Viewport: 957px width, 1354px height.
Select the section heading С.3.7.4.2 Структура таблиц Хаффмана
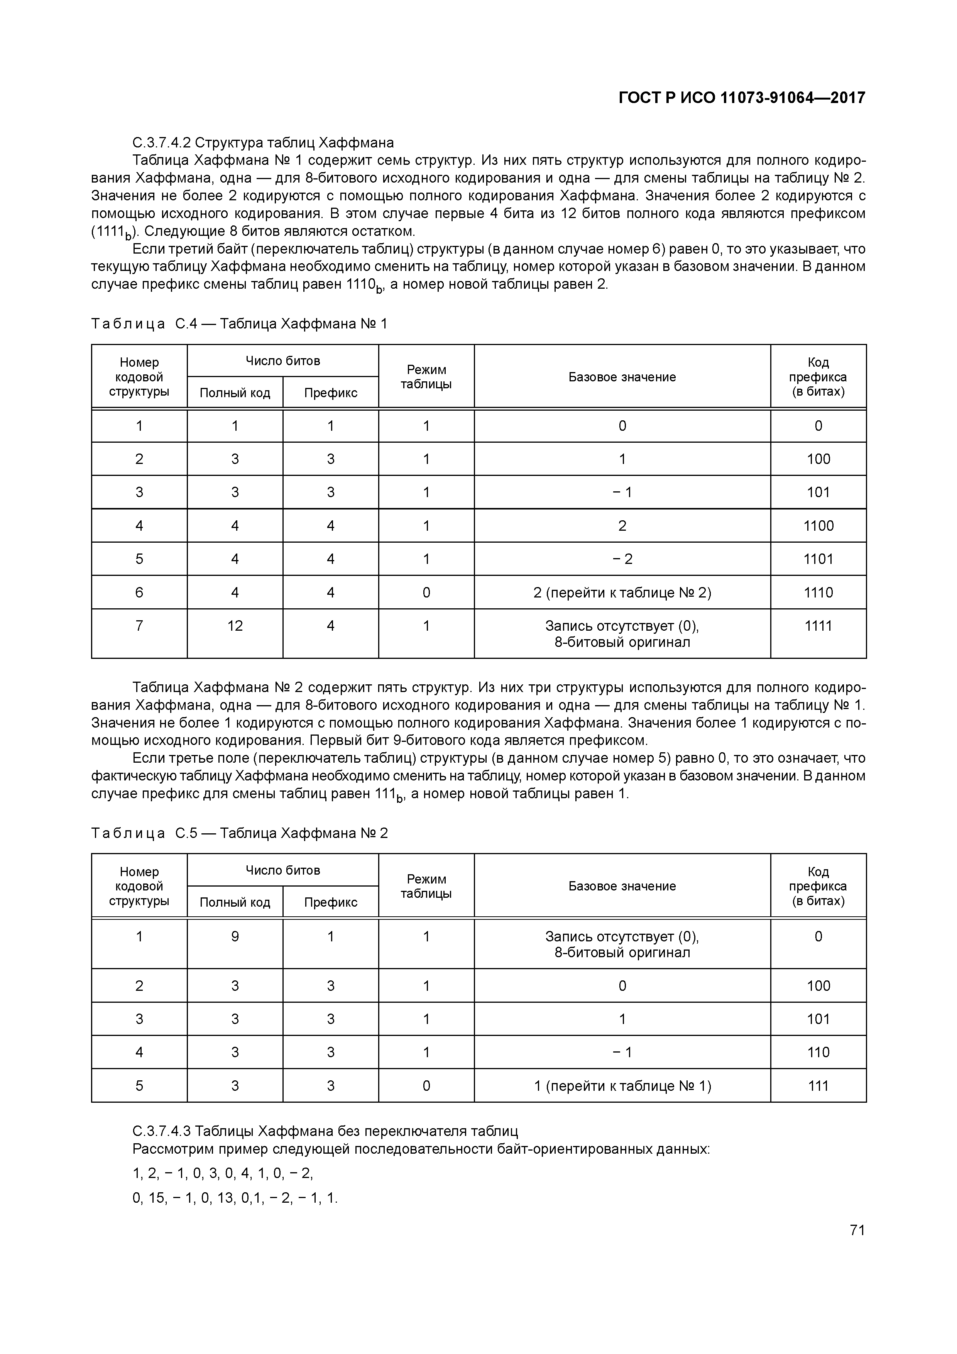click(x=263, y=143)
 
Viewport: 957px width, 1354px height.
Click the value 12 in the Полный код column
click(x=235, y=626)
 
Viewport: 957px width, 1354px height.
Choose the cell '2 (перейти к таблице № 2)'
click(x=622, y=592)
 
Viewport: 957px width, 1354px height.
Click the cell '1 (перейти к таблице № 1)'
click(x=622, y=1086)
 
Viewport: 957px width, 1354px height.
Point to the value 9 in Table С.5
click(x=235, y=936)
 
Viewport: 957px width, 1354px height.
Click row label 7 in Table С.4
click(x=139, y=626)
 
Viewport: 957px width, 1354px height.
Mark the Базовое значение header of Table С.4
click(x=622, y=377)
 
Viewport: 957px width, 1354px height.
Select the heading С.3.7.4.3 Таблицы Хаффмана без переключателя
click(x=325, y=1131)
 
